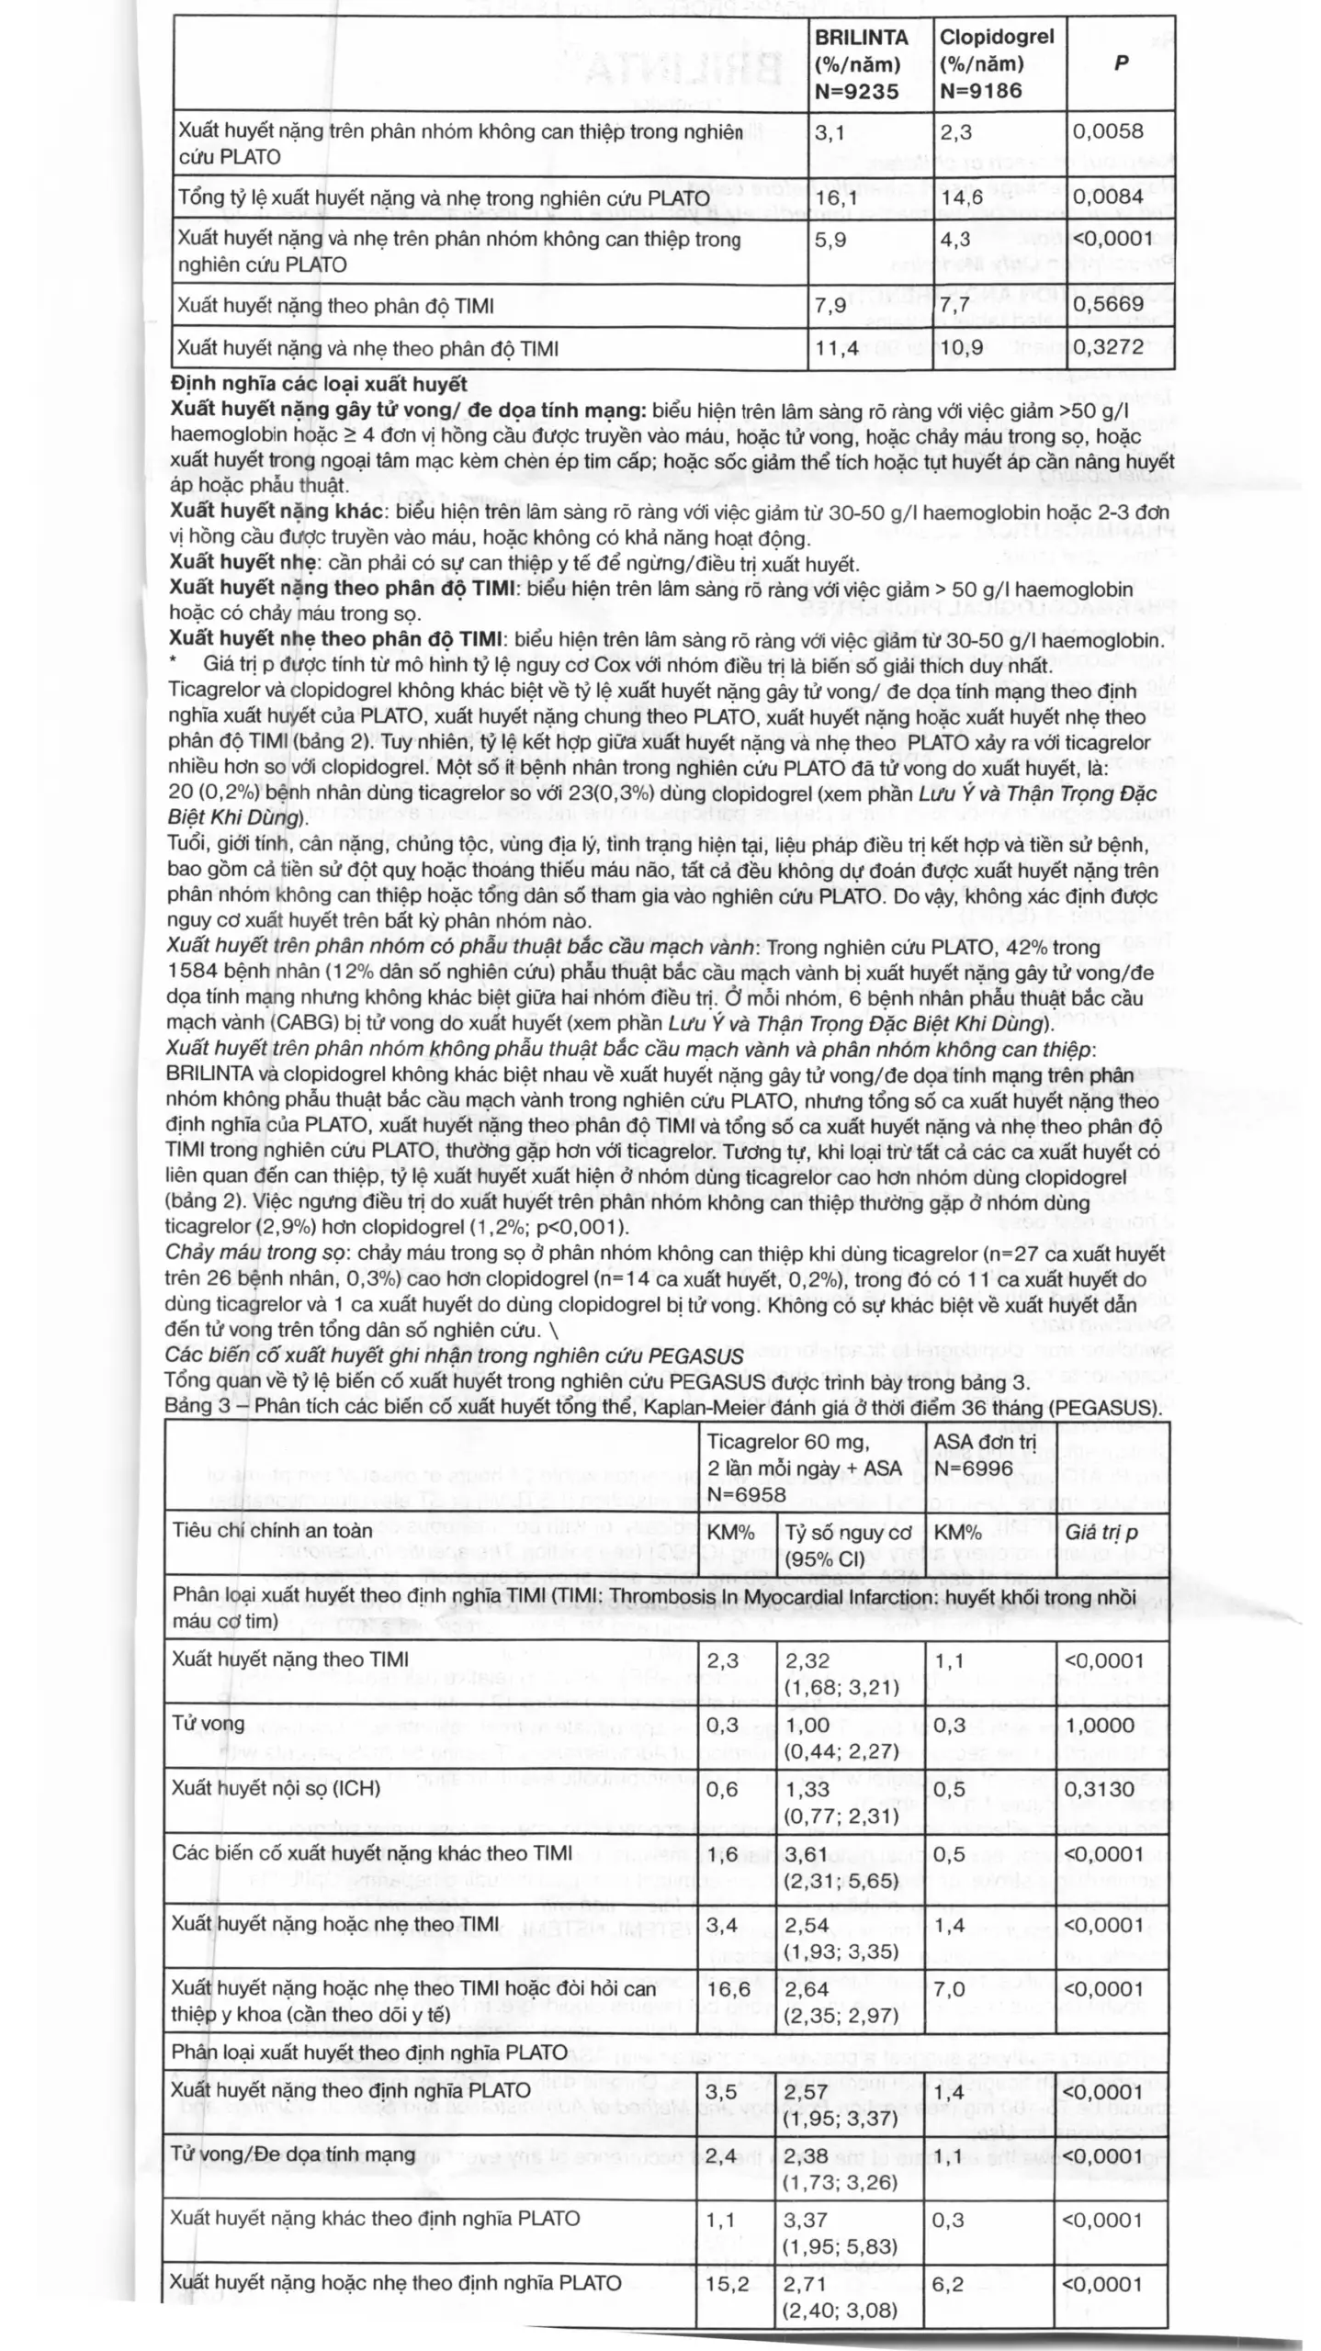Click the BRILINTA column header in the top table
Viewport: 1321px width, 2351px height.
862,63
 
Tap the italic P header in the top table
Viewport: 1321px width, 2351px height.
1121,63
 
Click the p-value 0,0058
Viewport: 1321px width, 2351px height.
1108,131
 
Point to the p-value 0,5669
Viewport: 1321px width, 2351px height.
1108,304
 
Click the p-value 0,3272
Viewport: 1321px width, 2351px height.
1108,347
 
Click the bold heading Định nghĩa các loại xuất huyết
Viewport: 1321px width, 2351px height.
319,384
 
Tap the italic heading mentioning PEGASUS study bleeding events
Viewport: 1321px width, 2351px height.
454,1355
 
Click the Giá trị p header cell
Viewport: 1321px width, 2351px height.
1101,1531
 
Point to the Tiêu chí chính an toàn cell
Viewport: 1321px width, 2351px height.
272,1530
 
